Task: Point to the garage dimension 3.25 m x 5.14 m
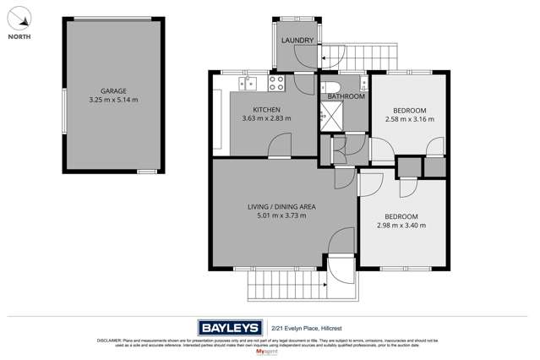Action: tap(112, 100)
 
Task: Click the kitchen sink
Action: tap(251, 83)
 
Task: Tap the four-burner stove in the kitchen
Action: tap(276, 83)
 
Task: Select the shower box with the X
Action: tap(327, 121)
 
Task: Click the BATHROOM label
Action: tap(346, 97)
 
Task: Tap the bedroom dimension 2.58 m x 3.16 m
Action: tap(409, 120)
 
